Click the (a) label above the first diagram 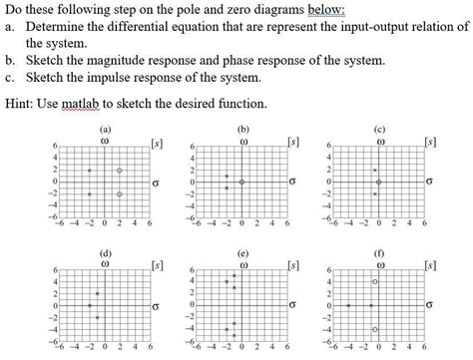[x=105, y=129]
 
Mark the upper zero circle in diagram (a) [x=120, y=171]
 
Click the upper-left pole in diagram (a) [x=89, y=171]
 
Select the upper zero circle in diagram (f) [x=374, y=282]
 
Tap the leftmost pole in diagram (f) [x=348, y=305]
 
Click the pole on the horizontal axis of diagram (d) [x=89, y=305]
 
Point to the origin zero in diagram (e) [x=242, y=305]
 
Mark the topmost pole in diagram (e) [x=235, y=274]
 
